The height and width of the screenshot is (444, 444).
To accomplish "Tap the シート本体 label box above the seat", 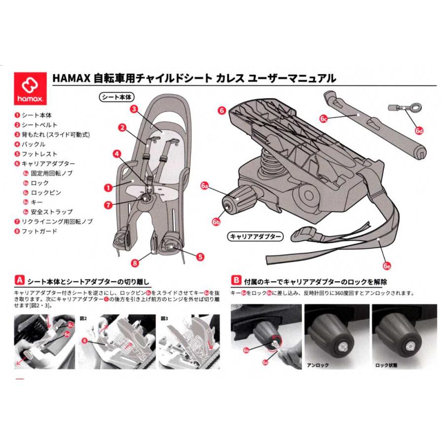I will (x=117, y=96).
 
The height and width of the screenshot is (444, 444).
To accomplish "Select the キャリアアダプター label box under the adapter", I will (x=255, y=237).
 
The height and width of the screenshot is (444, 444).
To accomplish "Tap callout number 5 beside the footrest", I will (x=200, y=257).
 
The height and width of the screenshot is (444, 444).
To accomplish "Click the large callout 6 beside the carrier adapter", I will (x=222, y=111).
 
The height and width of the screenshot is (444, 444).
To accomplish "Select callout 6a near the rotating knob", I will (x=205, y=185).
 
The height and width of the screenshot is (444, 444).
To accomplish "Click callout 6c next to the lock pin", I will (x=324, y=118).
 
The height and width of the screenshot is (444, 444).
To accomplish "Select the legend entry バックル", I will (x=34, y=144).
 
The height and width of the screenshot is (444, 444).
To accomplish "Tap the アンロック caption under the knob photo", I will (x=317, y=366).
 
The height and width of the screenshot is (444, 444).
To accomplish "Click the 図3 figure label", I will (x=164, y=318).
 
